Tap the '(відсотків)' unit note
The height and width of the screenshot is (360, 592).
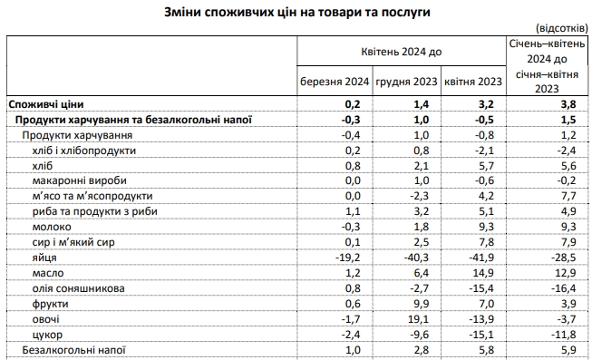(x=562, y=29)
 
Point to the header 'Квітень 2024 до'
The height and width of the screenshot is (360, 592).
(x=401, y=52)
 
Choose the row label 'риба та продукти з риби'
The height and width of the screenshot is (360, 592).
(x=98, y=211)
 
